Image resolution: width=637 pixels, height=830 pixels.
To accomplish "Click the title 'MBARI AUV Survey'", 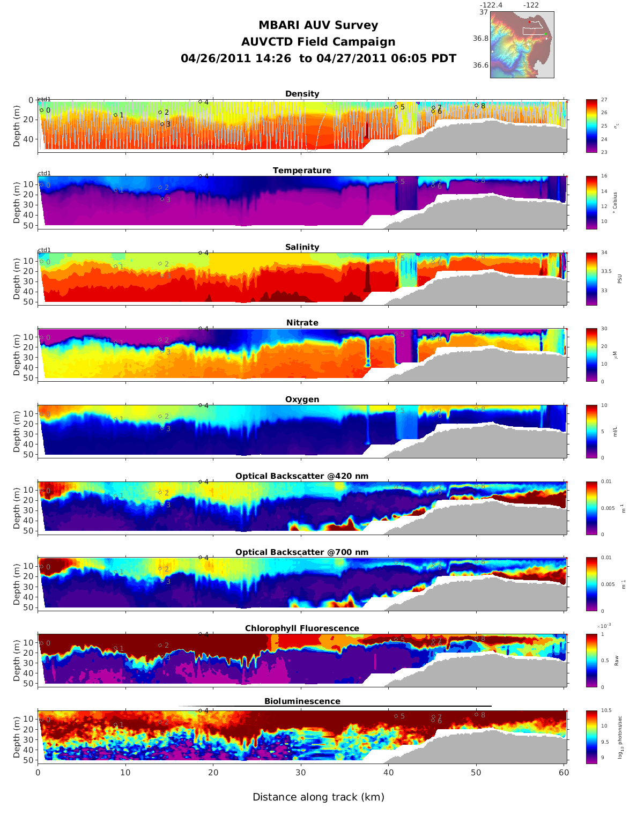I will pyautogui.click(x=318, y=25).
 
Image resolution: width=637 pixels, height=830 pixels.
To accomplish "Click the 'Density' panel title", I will pyautogui.click(x=302, y=94).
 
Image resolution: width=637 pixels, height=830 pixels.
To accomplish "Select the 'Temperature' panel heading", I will pyautogui.click(x=302, y=171).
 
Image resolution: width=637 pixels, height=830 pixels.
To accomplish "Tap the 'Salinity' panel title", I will pyautogui.click(x=302, y=247).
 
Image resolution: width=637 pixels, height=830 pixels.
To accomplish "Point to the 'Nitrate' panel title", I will pyautogui.click(x=302, y=323).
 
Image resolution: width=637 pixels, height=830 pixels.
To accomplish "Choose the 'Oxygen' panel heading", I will pyautogui.click(x=302, y=399).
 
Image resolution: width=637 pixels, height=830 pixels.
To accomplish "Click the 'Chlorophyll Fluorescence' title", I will pyautogui.click(x=302, y=628).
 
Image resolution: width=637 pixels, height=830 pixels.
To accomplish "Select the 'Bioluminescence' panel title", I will pyautogui.click(x=302, y=701).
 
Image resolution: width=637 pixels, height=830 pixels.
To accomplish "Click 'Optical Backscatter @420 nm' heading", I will pyautogui.click(x=302, y=476).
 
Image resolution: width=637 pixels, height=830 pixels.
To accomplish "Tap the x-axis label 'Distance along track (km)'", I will pyautogui.click(x=318, y=797).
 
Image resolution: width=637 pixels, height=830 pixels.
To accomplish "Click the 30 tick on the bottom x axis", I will pyautogui.click(x=301, y=773).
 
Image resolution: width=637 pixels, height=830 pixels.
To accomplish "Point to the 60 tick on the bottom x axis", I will pyautogui.click(x=564, y=773).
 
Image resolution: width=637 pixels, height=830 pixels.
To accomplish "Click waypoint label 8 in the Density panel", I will pyautogui.click(x=483, y=106).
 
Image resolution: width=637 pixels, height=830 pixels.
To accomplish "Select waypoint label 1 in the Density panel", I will pyautogui.click(x=121, y=115).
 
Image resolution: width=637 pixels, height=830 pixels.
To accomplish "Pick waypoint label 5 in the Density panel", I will pyautogui.click(x=402, y=107).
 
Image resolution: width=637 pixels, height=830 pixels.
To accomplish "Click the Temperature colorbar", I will pyautogui.click(x=591, y=202).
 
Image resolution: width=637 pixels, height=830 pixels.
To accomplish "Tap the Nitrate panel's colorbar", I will pyautogui.click(x=591, y=355).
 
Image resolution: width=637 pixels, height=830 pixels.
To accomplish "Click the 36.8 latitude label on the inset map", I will pyautogui.click(x=480, y=39).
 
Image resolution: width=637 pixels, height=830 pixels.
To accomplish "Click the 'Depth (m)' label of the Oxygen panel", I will pyautogui.click(x=17, y=432).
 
